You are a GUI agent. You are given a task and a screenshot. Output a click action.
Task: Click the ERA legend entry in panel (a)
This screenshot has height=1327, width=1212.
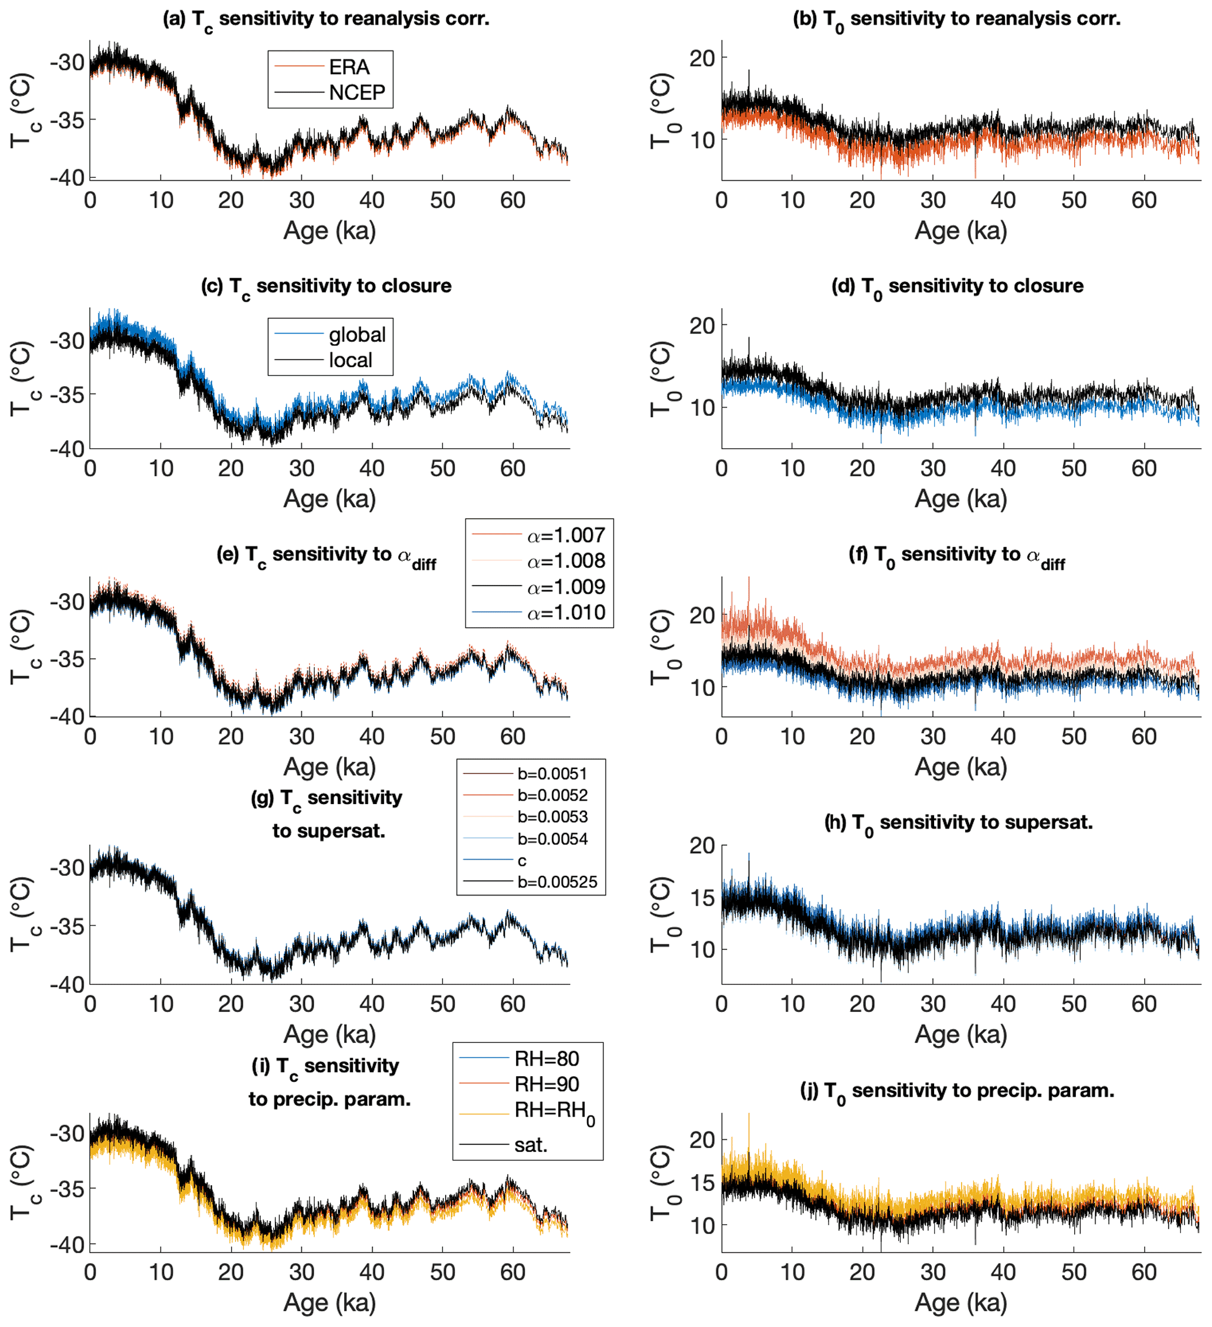349,67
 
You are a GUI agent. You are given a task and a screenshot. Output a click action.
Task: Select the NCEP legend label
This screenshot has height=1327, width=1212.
357,93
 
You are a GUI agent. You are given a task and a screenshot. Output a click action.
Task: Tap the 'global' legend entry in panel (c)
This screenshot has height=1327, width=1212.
357,335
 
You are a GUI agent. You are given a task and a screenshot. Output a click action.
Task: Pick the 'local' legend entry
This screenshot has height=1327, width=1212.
350,360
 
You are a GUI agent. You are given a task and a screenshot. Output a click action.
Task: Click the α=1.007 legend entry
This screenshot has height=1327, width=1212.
565,536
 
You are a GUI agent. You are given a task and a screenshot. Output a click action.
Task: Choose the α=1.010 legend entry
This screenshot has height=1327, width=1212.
565,613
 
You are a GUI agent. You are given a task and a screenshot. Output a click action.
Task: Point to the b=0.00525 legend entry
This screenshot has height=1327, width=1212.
557,882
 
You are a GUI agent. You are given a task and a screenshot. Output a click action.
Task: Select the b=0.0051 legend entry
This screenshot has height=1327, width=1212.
552,774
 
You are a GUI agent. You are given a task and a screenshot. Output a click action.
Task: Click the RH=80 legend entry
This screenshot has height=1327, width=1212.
546,1059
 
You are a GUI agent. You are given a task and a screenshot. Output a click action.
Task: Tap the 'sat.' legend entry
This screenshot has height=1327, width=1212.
531,1145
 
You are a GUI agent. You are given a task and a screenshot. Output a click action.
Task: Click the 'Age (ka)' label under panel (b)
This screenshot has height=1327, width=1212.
960,231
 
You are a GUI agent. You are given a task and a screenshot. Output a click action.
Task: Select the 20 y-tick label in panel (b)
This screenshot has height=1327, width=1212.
702,59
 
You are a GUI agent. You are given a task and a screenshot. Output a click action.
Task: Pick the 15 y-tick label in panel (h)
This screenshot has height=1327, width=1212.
702,898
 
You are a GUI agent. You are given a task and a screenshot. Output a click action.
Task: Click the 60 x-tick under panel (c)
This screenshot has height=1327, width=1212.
512,469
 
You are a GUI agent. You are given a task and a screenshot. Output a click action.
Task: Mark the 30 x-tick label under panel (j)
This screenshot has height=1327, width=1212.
932,1272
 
